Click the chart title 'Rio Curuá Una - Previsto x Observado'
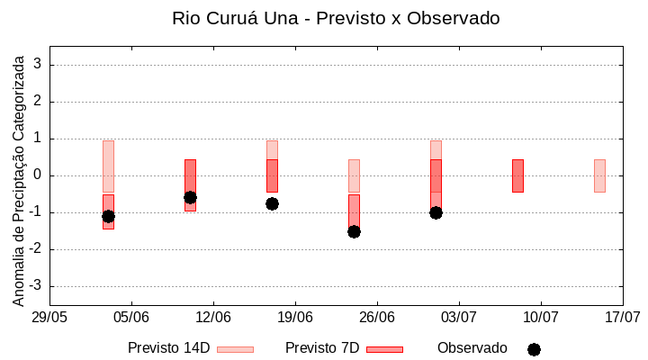(x=336, y=18)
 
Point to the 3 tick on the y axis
(x=39, y=65)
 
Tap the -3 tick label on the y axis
(x=36, y=286)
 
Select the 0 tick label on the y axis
(x=39, y=175)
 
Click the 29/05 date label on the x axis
(x=49, y=317)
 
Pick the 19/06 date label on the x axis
(x=295, y=317)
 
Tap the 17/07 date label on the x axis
(x=622, y=317)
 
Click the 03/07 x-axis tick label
(x=459, y=317)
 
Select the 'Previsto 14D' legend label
(x=168, y=347)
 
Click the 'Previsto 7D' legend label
(x=322, y=347)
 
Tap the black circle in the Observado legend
(x=534, y=349)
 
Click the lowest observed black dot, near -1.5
(x=354, y=231)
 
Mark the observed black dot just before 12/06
(x=190, y=197)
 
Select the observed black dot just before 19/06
(x=272, y=203)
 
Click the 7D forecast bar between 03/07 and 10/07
(x=517, y=175)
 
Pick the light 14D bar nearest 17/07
(x=599, y=175)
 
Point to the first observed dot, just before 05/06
(x=108, y=216)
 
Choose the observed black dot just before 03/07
(x=436, y=212)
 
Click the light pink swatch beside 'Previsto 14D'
(x=235, y=349)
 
